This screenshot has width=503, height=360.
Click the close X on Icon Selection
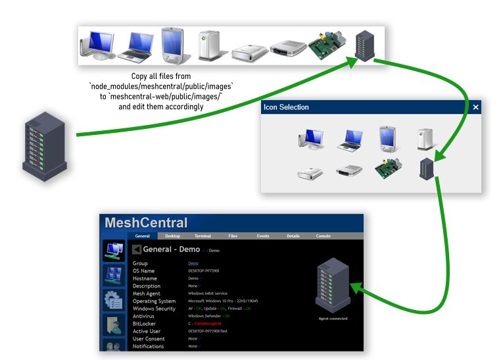[x=475, y=107]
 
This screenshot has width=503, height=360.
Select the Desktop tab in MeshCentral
[x=172, y=236]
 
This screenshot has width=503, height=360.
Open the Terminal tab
[x=203, y=236]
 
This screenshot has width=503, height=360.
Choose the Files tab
[x=233, y=236]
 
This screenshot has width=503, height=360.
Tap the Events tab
[x=263, y=236]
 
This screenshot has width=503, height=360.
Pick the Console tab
[x=323, y=236]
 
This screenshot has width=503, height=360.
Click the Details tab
[x=293, y=236]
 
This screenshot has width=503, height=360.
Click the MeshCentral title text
[x=146, y=223]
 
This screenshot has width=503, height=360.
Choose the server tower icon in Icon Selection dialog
[x=427, y=169]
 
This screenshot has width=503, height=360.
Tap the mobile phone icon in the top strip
[x=172, y=44]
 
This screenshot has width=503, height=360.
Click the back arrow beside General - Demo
[x=136, y=249]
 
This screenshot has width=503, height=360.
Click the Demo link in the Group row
[x=193, y=263]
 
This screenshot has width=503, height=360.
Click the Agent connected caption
[x=333, y=319]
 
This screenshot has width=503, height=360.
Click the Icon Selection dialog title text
[x=286, y=107]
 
